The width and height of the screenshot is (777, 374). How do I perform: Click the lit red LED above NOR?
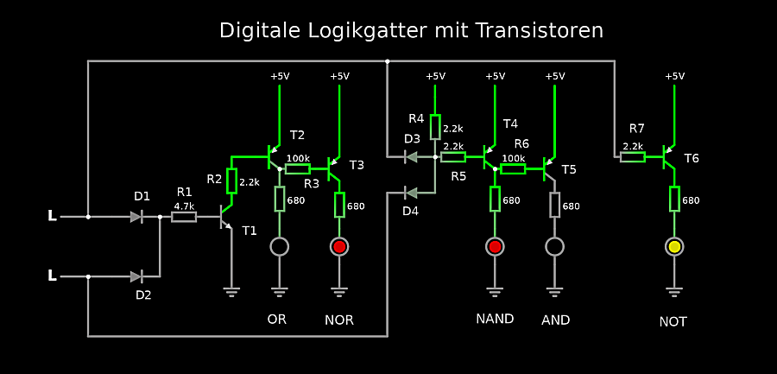(339, 247)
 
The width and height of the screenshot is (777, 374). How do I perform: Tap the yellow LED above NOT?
(674, 247)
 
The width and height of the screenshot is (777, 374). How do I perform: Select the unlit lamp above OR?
(279, 247)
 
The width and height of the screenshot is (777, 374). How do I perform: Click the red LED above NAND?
(495, 247)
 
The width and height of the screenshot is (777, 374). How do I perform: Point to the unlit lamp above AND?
(555, 247)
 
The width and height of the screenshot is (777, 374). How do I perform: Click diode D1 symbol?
(136, 217)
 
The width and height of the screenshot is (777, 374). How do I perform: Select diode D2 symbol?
(136, 276)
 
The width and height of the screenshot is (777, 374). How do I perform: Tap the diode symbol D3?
(412, 157)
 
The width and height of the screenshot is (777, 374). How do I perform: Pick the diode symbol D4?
(412, 192)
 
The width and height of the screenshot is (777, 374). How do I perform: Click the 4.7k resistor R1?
(184, 217)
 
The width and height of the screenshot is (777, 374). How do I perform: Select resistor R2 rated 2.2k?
(231, 181)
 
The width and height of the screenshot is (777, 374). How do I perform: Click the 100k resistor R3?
(298, 168)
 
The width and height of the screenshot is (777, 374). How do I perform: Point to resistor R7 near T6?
(633, 157)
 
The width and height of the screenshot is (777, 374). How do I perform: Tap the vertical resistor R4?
(435, 127)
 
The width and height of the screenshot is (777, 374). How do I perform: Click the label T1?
(250, 231)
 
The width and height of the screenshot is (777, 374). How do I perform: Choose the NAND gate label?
(495, 319)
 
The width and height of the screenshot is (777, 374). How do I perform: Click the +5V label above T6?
(674, 76)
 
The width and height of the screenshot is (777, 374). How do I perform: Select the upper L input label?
(52, 216)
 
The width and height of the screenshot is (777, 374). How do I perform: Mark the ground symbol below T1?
(231, 291)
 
